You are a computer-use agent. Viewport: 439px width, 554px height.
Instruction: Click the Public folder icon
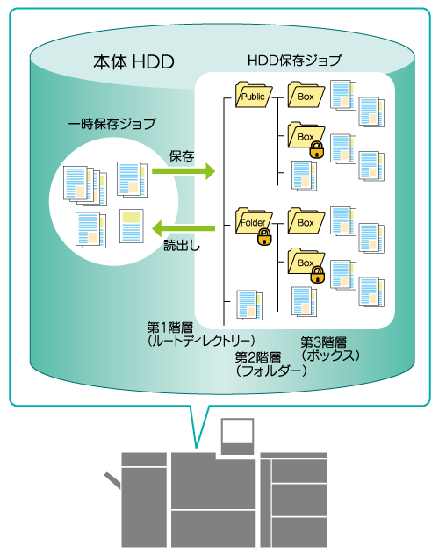[x=254, y=95]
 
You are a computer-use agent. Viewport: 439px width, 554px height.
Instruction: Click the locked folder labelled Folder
[x=253, y=221]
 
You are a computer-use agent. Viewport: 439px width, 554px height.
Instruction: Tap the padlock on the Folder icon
[x=265, y=236]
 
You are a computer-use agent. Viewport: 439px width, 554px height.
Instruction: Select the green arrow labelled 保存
[x=184, y=171]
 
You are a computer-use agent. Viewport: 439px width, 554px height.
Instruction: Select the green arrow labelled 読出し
[x=184, y=228]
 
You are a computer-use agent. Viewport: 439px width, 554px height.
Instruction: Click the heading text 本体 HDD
[x=133, y=61]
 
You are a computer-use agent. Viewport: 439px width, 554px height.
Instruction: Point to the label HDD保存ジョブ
[x=294, y=61]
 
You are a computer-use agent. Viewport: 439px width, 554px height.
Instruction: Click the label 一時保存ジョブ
[x=112, y=124]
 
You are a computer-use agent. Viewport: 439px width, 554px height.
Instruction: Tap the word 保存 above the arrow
[x=182, y=155]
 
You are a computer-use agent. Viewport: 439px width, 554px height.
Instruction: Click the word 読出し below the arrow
[x=182, y=245]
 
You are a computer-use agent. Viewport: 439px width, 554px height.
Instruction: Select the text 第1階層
[x=170, y=327]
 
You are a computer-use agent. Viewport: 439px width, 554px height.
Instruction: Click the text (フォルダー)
[x=271, y=371]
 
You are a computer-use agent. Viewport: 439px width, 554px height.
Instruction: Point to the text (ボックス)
[x=330, y=355]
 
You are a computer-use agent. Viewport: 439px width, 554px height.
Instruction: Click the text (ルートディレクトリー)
[x=201, y=341]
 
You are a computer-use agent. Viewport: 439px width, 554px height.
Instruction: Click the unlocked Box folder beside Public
[x=306, y=95]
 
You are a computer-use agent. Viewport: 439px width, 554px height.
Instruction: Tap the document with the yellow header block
[x=132, y=227]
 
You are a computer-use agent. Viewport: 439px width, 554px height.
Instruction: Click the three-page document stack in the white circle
[x=85, y=185]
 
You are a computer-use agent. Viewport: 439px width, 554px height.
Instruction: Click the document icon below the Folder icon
[x=249, y=306]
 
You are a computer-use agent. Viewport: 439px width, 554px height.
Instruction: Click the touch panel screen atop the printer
[x=238, y=431]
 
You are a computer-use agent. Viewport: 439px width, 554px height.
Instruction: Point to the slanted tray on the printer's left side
[x=112, y=480]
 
